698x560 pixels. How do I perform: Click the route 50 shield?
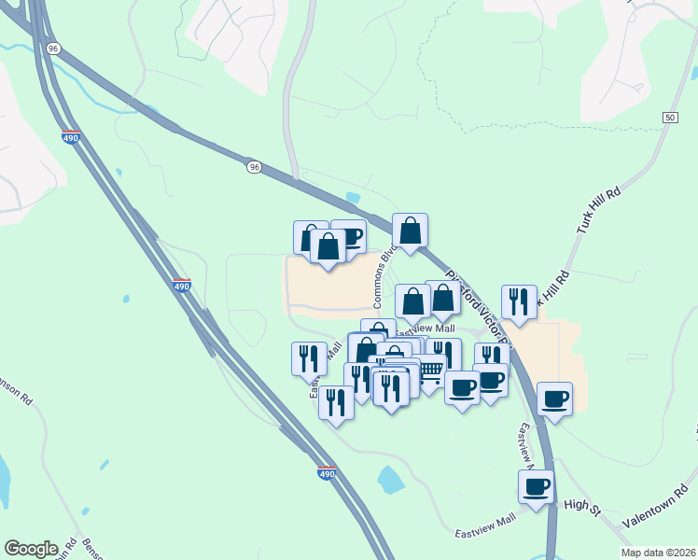coord(670,117)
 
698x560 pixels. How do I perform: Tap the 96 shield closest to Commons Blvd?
coord(254,166)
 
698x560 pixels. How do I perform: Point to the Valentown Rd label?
coord(653,510)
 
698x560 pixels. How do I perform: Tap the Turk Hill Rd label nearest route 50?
coord(598,213)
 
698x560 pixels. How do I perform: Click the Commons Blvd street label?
coord(382,276)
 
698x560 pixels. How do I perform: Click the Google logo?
coord(31,549)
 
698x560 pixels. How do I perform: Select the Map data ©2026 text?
coord(657,553)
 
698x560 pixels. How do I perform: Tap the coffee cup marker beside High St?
coord(536,486)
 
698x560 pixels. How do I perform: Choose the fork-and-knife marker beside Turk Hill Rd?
coord(519,301)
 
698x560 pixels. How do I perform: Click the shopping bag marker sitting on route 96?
coord(410,230)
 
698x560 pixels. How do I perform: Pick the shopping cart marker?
coord(429,371)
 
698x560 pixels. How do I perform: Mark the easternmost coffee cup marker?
coord(554,398)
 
